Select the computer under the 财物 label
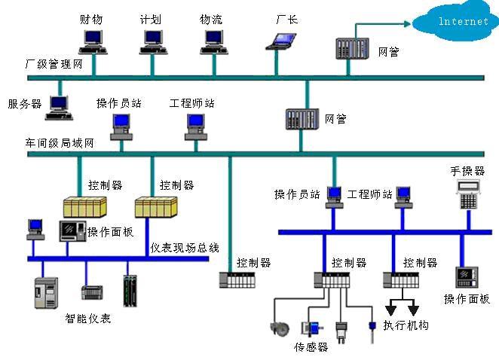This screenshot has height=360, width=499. pyautogui.click(x=94, y=41)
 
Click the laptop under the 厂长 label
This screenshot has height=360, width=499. pyautogui.click(x=279, y=41)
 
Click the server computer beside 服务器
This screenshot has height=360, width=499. pyautogui.click(x=58, y=107)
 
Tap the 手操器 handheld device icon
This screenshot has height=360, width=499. pyautogui.click(x=470, y=195)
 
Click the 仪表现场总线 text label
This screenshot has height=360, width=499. pyautogui.click(x=185, y=247)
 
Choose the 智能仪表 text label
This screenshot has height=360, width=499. pyautogui.click(x=88, y=319)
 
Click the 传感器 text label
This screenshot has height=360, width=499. pyautogui.click(x=311, y=347)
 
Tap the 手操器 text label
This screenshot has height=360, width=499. pyautogui.click(x=467, y=171)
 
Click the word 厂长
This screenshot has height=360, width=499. pyautogui.click(x=287, y=19)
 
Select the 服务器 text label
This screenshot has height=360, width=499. pyautogui.click(x=24, y=104)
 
